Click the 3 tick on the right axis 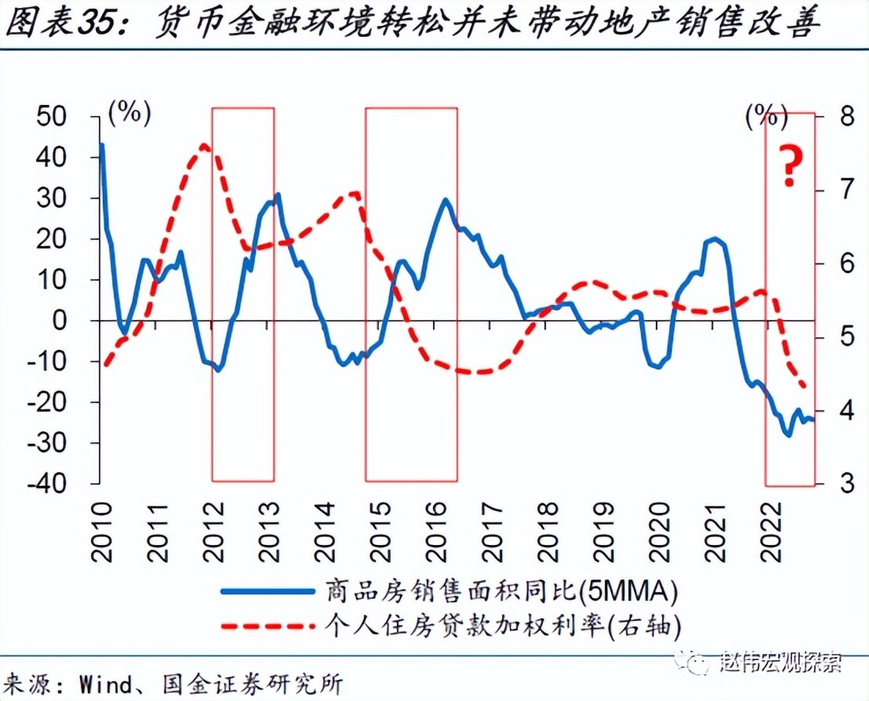tap(842, 484)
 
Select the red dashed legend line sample tap(267, 625)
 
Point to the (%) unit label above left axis tap(129, 114)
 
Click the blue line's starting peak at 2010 tap(102, 144)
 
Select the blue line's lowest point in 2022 tap(788, 434)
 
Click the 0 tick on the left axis tap(79, 321)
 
